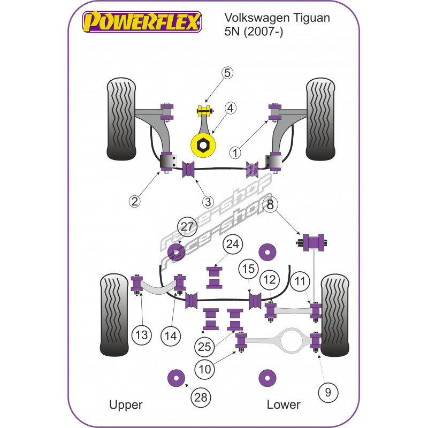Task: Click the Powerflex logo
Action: tap(142, 22)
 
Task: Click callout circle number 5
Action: tap(227, 73)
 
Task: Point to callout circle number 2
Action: tap(135, 201)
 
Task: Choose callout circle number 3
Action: tap(208, 202)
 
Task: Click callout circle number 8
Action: tap(270, 204)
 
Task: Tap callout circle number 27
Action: tap(187, 227)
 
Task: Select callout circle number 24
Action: tap(232, 245)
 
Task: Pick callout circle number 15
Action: tap(248, 268)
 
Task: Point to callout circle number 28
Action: tap(203, 396)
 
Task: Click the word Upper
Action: tap(126, 404)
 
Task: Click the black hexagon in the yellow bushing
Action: tap(203, 144)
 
